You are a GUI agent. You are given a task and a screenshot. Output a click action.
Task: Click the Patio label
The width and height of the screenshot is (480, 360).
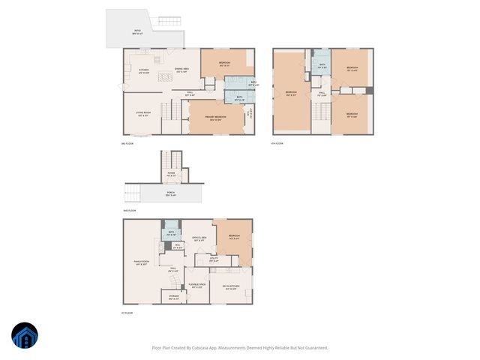tap(137, 31)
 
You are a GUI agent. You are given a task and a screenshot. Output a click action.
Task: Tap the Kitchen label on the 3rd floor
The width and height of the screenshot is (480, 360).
tap(144, 70)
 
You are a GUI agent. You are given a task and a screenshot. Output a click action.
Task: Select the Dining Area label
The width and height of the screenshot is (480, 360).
tap(181, 70)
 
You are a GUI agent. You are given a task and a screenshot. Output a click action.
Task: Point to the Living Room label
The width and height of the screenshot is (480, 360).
tap(144, 114)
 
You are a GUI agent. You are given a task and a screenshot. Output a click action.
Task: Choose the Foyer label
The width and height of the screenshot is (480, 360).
tap(171, 175)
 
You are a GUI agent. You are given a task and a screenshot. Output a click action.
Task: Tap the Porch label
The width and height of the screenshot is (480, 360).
tap(171, 193)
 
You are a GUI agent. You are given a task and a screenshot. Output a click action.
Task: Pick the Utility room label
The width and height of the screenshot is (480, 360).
tap(214, 260)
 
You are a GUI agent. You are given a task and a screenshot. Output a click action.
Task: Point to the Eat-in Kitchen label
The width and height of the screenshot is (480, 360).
tap(230, 287)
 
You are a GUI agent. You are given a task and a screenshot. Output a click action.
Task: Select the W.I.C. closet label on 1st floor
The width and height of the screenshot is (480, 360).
tap(177, 246)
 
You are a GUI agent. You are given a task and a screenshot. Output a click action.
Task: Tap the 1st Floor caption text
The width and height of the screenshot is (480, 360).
tap(128, 313)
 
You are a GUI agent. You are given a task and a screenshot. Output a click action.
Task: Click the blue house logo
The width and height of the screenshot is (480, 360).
tap(25, 336)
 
